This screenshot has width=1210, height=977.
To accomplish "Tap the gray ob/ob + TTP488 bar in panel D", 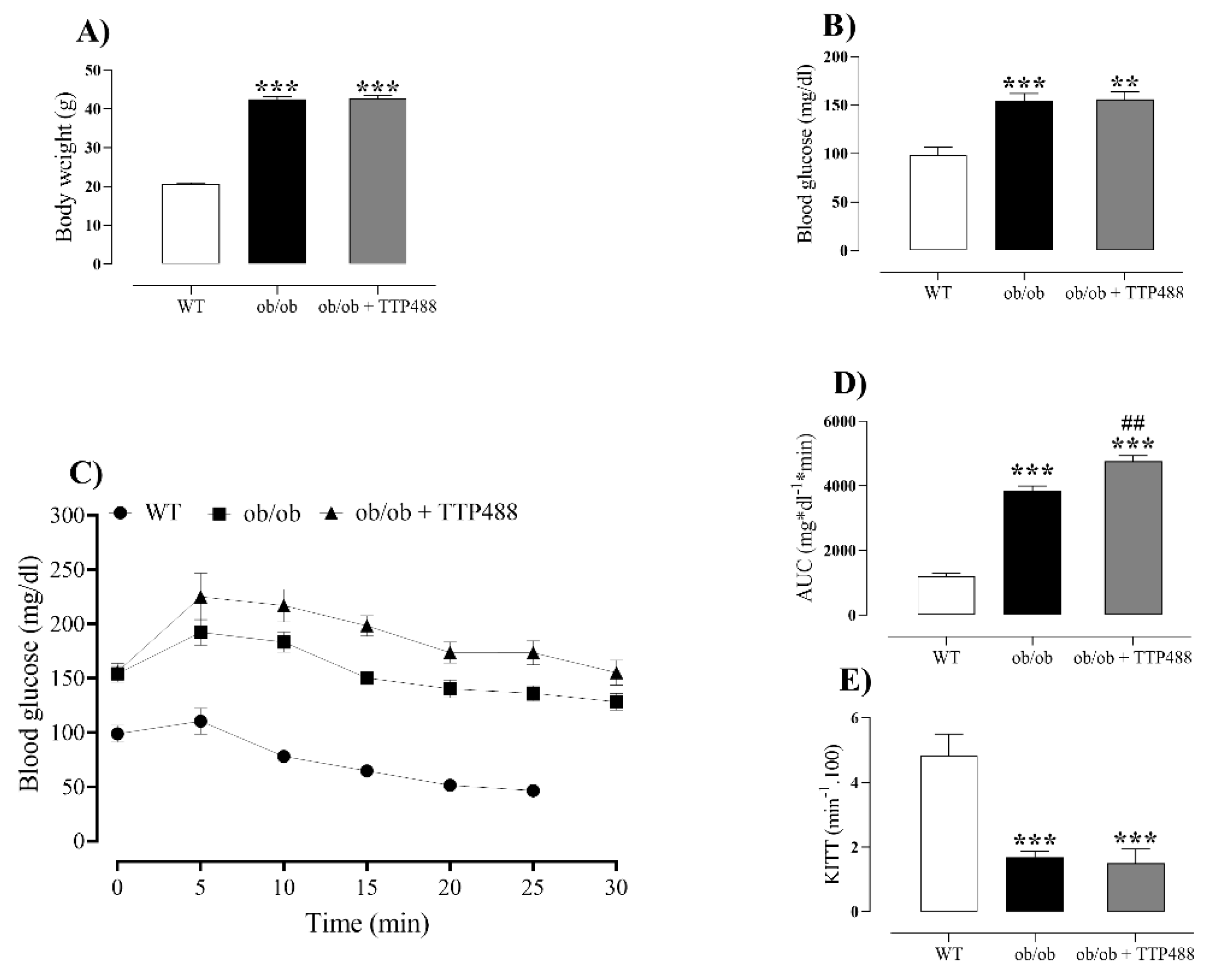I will [1133, 538].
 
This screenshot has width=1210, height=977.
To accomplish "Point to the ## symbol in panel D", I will [1132, 423].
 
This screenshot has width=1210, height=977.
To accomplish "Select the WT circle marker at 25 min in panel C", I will [533, 791].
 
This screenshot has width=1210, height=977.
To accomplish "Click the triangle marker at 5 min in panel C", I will [200, 598].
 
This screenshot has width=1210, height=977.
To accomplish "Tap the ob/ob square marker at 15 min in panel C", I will [367, 678].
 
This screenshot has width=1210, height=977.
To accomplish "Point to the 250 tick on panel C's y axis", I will [73, 570].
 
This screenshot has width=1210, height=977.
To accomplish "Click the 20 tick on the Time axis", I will [449, 888].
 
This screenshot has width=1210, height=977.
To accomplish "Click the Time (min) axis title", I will [367, 924].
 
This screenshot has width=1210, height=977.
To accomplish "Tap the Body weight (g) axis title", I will [65, 167].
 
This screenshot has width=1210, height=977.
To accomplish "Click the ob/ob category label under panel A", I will [276, 307].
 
